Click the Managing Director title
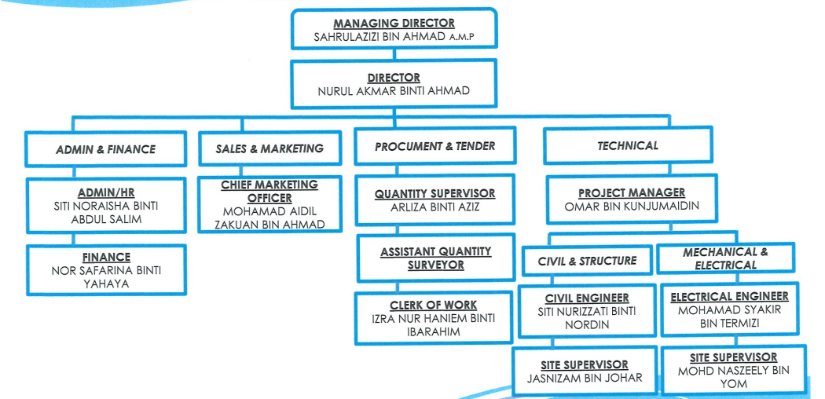394,24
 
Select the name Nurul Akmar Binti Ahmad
394,91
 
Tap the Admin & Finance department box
106,149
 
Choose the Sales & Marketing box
269,148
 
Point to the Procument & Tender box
434,147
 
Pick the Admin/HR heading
106,192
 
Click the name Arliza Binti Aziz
435,207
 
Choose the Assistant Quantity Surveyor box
435,258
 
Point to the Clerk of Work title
434,305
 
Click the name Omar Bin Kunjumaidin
631,207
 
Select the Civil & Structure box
587,261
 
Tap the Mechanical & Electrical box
725,258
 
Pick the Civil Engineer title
587,298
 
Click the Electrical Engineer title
729,297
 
